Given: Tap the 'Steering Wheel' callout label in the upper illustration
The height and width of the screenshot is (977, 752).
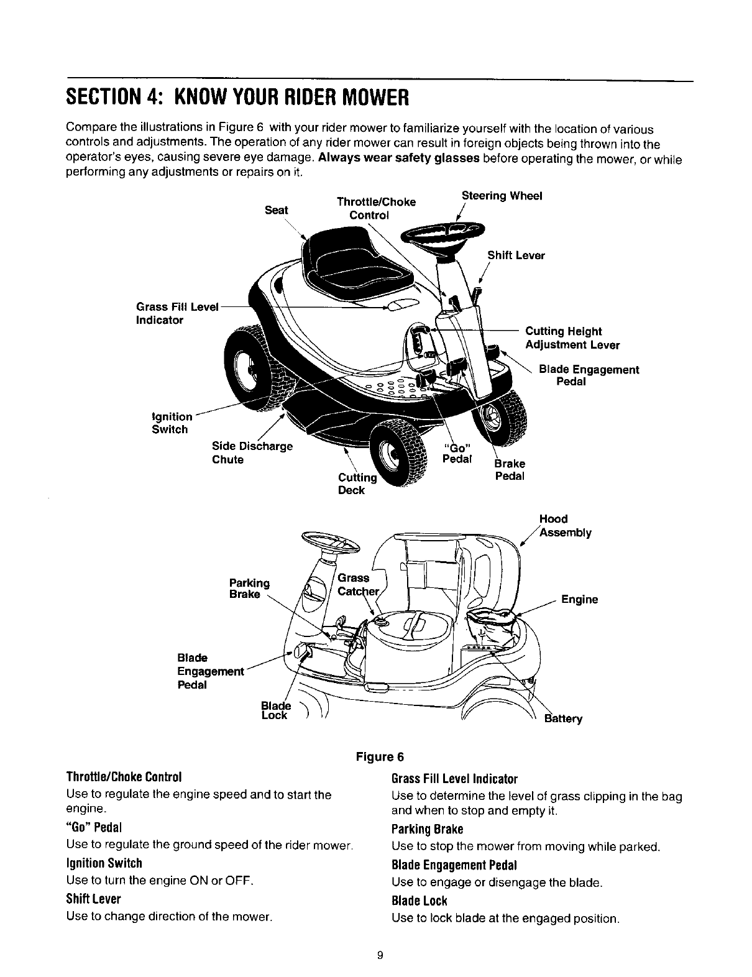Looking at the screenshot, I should [x=502, y=196].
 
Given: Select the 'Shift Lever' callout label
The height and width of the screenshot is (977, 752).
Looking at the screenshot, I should [x=516, y=255].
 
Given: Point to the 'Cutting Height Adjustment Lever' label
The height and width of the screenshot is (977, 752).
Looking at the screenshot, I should [x=572, y=338].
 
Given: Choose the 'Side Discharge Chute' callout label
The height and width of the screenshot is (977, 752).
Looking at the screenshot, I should [x=252, y=453].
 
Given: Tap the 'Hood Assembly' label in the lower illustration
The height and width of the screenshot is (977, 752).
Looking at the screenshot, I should [x=565, y=526].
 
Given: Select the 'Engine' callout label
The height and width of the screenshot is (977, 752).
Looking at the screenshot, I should [x=579, y=600].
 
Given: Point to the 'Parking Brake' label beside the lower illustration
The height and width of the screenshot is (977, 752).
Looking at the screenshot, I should [x=249, y=589].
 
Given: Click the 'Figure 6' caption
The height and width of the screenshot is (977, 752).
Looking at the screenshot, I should [x=379, y=757].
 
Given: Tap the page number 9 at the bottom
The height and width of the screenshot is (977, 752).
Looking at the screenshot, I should [x=378, y=955].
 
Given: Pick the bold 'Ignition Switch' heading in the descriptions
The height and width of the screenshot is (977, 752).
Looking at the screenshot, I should [x=104, y=863].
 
